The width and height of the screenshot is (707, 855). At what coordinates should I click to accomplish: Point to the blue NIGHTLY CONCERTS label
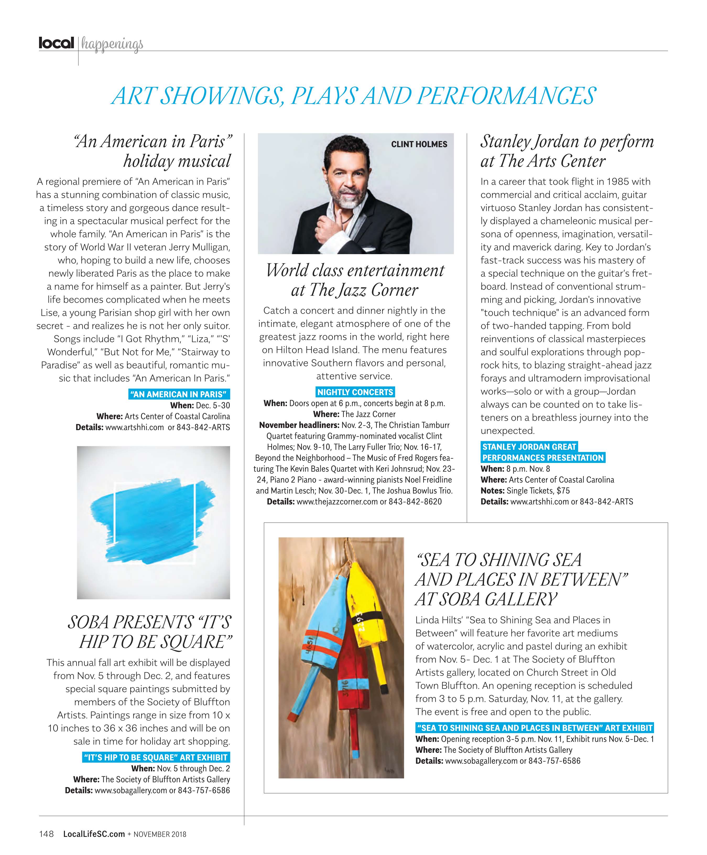(x=355, y=392)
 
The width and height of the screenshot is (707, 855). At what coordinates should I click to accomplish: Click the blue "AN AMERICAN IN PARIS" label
(x=179, y=394)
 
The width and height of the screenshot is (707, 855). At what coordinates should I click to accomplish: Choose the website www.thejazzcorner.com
(x=337, y=502)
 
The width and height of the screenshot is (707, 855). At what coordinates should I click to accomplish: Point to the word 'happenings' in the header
(x=112, y=44)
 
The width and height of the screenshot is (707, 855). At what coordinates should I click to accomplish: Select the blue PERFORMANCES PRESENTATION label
(x=543, y=458)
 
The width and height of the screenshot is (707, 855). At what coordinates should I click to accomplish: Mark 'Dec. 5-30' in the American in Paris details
(x=213, y=405)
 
